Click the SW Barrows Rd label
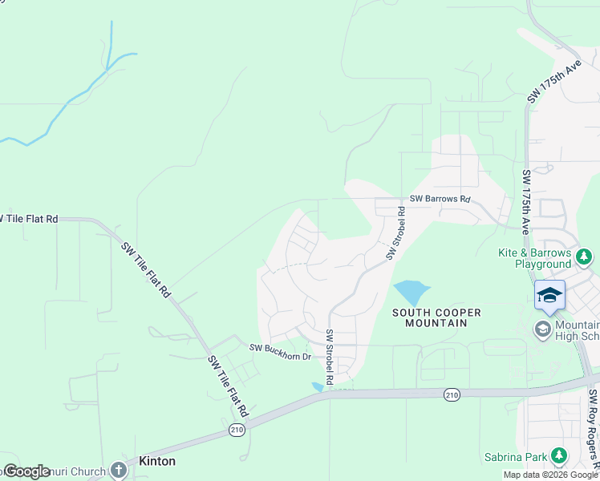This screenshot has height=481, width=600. pyautogui.click(x=440, y=199)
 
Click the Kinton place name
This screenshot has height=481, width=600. pyautogui.click(x=157, y=462)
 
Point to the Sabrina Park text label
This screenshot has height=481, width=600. pyautogui.click(x=518, y=458)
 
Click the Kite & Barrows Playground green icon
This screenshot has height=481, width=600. pyautogui.click(x=585, y=257)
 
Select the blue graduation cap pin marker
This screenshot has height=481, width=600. pyautogui.click(x=549, y=296)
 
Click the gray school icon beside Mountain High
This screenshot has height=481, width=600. pyautogui.click(x=543, y=329)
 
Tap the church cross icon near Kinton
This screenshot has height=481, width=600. pyautogui.click(x=119, y=471)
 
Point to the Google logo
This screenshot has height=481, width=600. pyautogui.click(x=26, y=471)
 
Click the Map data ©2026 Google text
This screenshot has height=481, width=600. pyautogui.click(x=551, y=475)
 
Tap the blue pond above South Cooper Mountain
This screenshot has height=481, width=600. pyautogui.click(x=411, y=292)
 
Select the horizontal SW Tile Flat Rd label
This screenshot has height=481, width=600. pyautogui.click(x=29, y=218)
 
